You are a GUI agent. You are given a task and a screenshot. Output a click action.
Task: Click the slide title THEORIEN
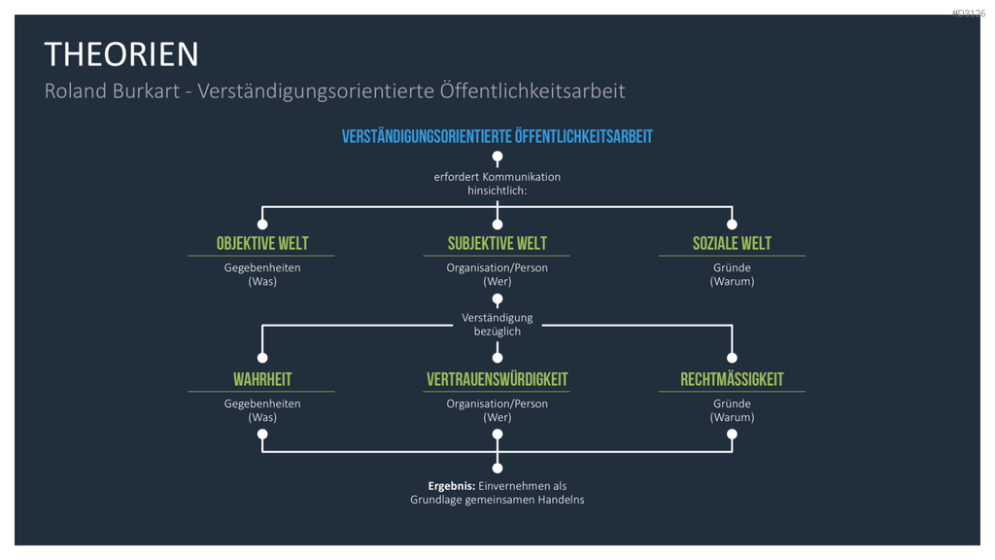tap(121, 54)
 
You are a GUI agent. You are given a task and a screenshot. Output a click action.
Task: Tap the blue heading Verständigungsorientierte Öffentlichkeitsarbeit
tap(497, 136)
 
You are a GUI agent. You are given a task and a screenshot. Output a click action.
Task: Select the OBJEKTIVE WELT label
tap(262, 244)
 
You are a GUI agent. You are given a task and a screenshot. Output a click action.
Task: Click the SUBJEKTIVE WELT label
tap(497, 244)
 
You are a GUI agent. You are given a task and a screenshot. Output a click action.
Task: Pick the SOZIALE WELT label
tap(732, 244)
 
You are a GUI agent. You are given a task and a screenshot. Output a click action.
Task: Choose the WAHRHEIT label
tap(262, 380)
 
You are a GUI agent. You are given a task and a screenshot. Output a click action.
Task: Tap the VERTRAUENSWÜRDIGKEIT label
tap(497, 380)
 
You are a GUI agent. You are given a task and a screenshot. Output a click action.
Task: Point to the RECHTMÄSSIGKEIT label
tap(732, 380)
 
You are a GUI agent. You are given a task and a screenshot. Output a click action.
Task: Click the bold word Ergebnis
tap(451, 486)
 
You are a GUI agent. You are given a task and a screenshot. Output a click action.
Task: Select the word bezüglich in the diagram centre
tap(497, 332)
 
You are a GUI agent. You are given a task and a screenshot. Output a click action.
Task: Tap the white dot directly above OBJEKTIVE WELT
tap(262, 225)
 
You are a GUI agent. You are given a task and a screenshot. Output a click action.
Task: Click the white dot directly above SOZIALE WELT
tap(732, 225)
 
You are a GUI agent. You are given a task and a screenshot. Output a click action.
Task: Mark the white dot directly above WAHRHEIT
tap(262, 358)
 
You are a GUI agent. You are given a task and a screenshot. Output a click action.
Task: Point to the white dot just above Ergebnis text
tap(497, 468)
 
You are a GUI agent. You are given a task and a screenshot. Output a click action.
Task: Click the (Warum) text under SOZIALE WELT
tap(732, 281)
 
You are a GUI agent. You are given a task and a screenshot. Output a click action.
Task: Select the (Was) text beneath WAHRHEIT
tap(262, 417)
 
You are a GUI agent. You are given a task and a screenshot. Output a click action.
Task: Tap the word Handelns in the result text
tap(561, 500)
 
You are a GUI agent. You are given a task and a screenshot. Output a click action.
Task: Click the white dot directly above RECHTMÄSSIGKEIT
tap(732, 358)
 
